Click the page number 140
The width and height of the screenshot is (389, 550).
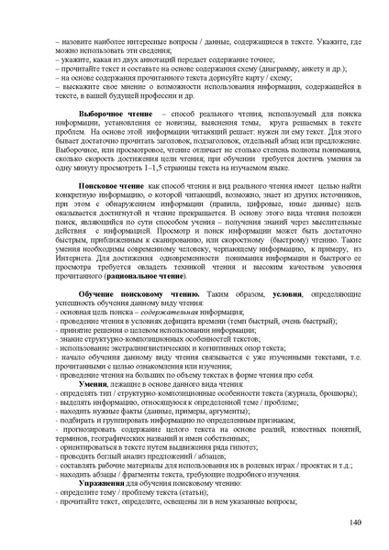pyautogui.click(x=357, y=522)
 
